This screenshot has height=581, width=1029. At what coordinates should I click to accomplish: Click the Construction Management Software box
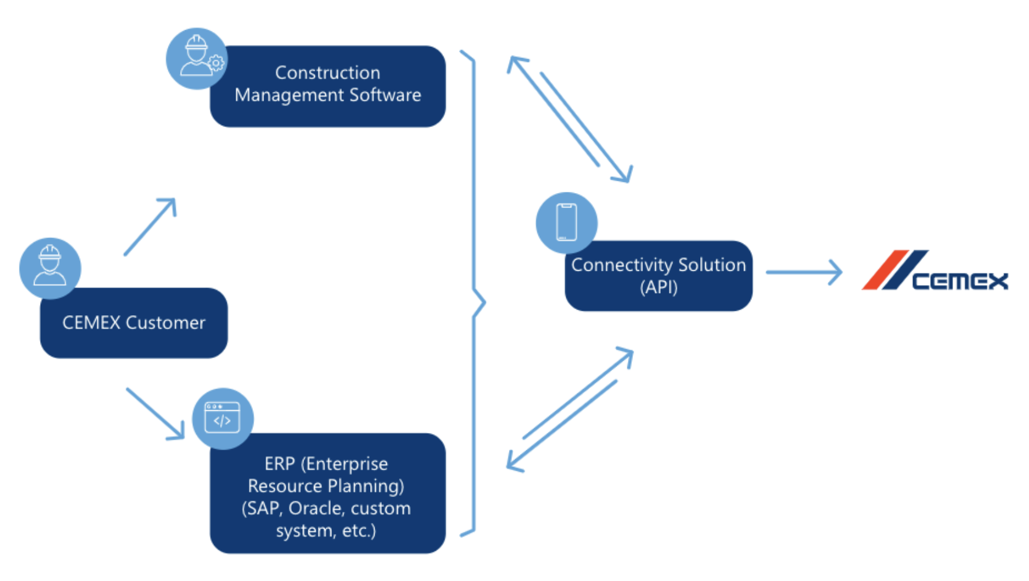328,86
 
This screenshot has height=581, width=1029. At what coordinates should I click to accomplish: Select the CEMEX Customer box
134,323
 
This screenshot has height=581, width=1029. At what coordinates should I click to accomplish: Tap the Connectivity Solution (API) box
658,276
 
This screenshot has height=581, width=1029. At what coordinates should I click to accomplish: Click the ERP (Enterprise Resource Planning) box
327,493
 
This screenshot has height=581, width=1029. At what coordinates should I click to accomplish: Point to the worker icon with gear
197,58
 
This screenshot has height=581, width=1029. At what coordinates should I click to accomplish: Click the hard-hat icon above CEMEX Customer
50,268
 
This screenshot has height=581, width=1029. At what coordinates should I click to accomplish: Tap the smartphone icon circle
566,223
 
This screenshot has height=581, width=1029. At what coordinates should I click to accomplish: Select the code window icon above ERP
223,418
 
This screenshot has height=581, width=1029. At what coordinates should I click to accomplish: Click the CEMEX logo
934,271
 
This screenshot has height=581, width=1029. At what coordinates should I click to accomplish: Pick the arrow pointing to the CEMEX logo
804,272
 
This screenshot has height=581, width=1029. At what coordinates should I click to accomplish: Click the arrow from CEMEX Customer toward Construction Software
151,226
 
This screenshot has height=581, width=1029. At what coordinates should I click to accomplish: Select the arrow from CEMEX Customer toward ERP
155,414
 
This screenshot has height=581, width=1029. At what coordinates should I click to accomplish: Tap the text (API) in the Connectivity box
658,287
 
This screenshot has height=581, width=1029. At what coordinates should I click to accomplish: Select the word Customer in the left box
165,323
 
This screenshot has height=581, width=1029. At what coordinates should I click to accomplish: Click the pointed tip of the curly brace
484,302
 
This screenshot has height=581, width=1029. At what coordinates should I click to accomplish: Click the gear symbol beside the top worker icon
216,63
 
